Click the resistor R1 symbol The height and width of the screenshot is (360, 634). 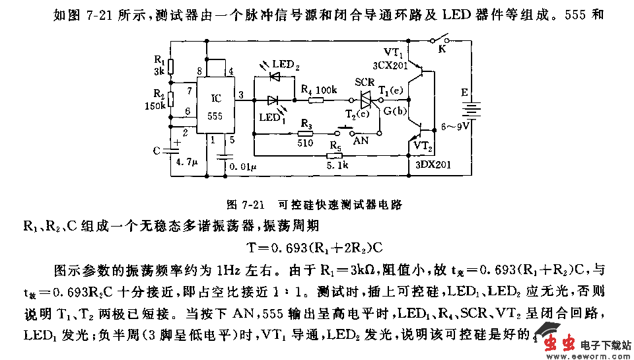click(x=170, y=67)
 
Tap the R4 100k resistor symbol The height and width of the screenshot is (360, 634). click(x=316, y=100)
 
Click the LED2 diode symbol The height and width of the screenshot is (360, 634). click(x=275, y=77)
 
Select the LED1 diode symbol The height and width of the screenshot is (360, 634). click(x=273, y=100)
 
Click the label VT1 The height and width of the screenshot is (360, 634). click(x=394, y=52)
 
